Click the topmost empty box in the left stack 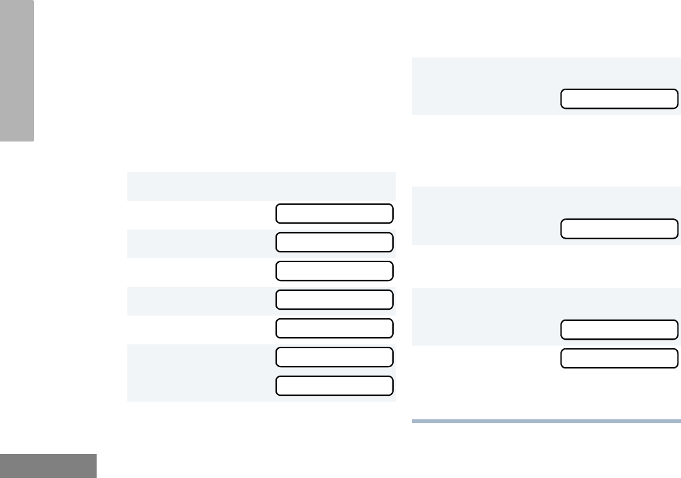[x=334, y=214]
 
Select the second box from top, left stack [x=334, y=243]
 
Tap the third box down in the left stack [x=334, y=271]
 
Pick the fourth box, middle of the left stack [x=334, y=300]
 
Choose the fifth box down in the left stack [x=334, y=329]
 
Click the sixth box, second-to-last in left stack [x=334, y=357]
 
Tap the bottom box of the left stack [x=334, y=386]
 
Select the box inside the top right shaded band [x=619, y=99]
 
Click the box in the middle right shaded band [x=619, y=229]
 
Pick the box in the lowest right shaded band [x=619, y=330]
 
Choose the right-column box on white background [x=619, y=359]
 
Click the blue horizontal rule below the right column [x=546, y=421]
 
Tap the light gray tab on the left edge [x=17, y=70]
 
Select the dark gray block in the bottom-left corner [x=48, y=466]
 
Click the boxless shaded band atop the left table [x=261, y=186]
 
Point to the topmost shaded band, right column [x=483, y=85]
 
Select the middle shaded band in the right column [x=483, y=215]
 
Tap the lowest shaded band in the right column [x=483, y=316]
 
